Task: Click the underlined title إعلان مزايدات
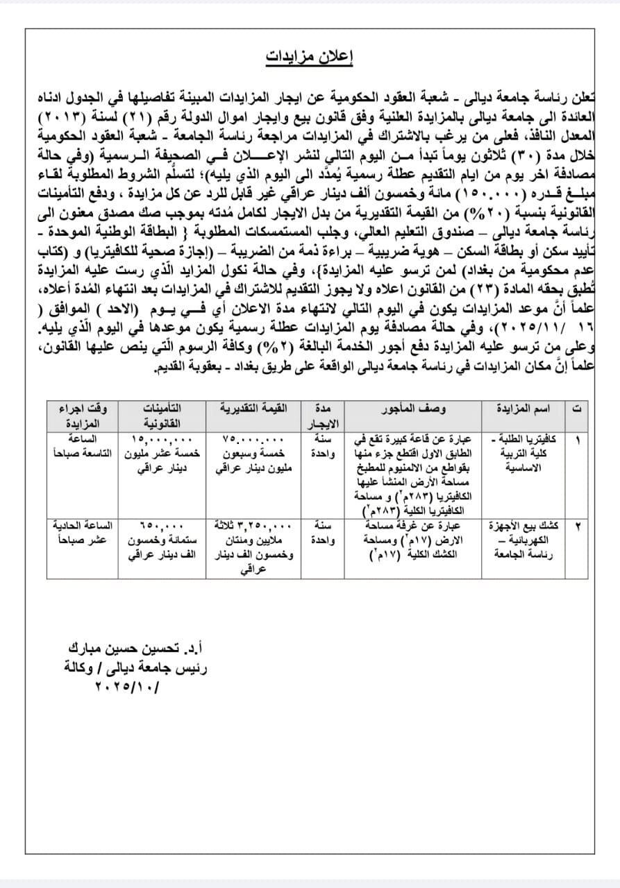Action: point(310,56)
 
